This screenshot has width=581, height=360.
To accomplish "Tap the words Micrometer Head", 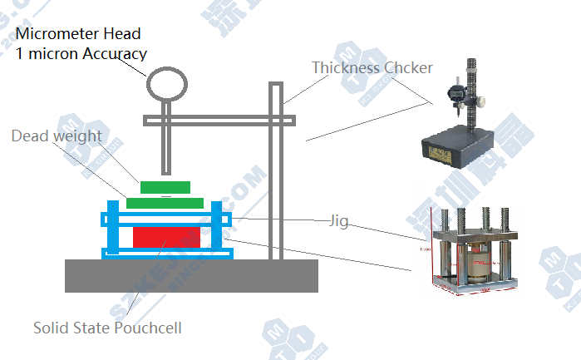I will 78,34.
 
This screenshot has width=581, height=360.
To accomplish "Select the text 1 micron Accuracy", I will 81,53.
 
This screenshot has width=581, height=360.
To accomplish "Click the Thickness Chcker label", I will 372,67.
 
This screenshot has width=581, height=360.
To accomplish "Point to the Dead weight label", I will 57,136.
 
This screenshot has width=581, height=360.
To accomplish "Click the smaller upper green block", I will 165,186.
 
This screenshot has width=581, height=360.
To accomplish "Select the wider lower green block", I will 165,202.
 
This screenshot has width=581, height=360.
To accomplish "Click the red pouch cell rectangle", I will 166,236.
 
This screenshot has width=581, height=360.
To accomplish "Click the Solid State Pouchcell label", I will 107,328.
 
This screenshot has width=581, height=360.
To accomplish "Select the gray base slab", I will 191,275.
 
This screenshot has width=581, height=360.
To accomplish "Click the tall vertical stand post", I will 277,166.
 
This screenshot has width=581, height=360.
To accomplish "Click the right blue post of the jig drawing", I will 219,228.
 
